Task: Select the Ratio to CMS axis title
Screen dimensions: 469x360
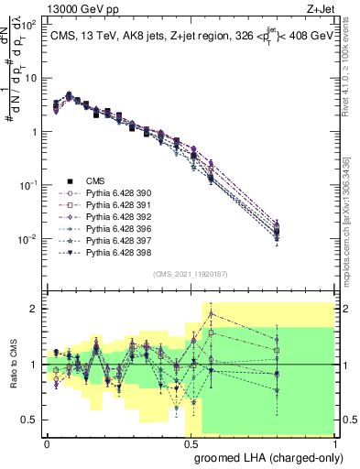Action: [12, 365]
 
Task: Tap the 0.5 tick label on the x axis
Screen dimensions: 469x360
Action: [191, 442]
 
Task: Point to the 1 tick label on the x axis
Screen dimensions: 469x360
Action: [334, 442]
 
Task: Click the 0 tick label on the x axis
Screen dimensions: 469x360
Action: [47, 442]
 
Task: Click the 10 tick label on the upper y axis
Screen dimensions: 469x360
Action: [32, 77]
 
